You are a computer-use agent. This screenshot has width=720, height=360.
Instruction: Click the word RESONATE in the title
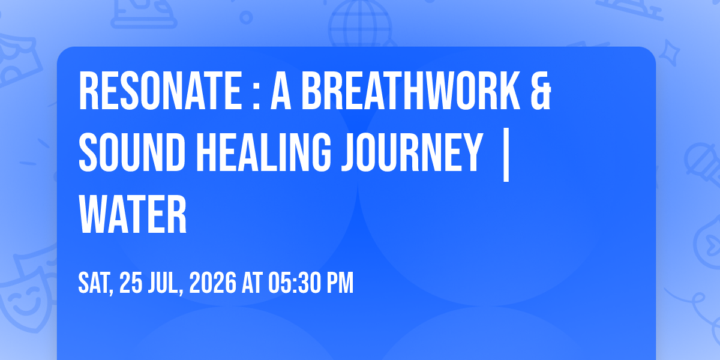click(160, 91)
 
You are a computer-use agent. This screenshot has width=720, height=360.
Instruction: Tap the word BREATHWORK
click(410, 91)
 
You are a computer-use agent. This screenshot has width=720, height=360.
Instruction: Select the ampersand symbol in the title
click(541, 91)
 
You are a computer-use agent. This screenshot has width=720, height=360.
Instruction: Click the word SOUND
click(132, 152)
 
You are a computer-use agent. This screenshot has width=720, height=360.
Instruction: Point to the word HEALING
click(263, 152)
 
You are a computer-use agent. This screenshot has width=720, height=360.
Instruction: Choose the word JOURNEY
click(412, 152)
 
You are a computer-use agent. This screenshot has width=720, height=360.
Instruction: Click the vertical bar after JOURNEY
click(506, 155)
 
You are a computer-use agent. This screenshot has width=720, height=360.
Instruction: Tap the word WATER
click(133, 214)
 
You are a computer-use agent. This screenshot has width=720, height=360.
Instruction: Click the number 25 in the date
click(131, 283)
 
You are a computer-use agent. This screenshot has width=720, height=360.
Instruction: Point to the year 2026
click(213, 283)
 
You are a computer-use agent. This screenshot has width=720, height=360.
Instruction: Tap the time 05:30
click(295, 283)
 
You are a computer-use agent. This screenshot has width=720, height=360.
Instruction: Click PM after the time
click(340, 283)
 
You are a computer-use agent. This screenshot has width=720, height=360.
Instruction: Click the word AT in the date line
click(253, 283)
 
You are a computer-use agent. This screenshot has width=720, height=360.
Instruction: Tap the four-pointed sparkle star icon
click(670, 53)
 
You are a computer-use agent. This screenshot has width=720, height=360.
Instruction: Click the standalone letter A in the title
click(281, 91)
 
